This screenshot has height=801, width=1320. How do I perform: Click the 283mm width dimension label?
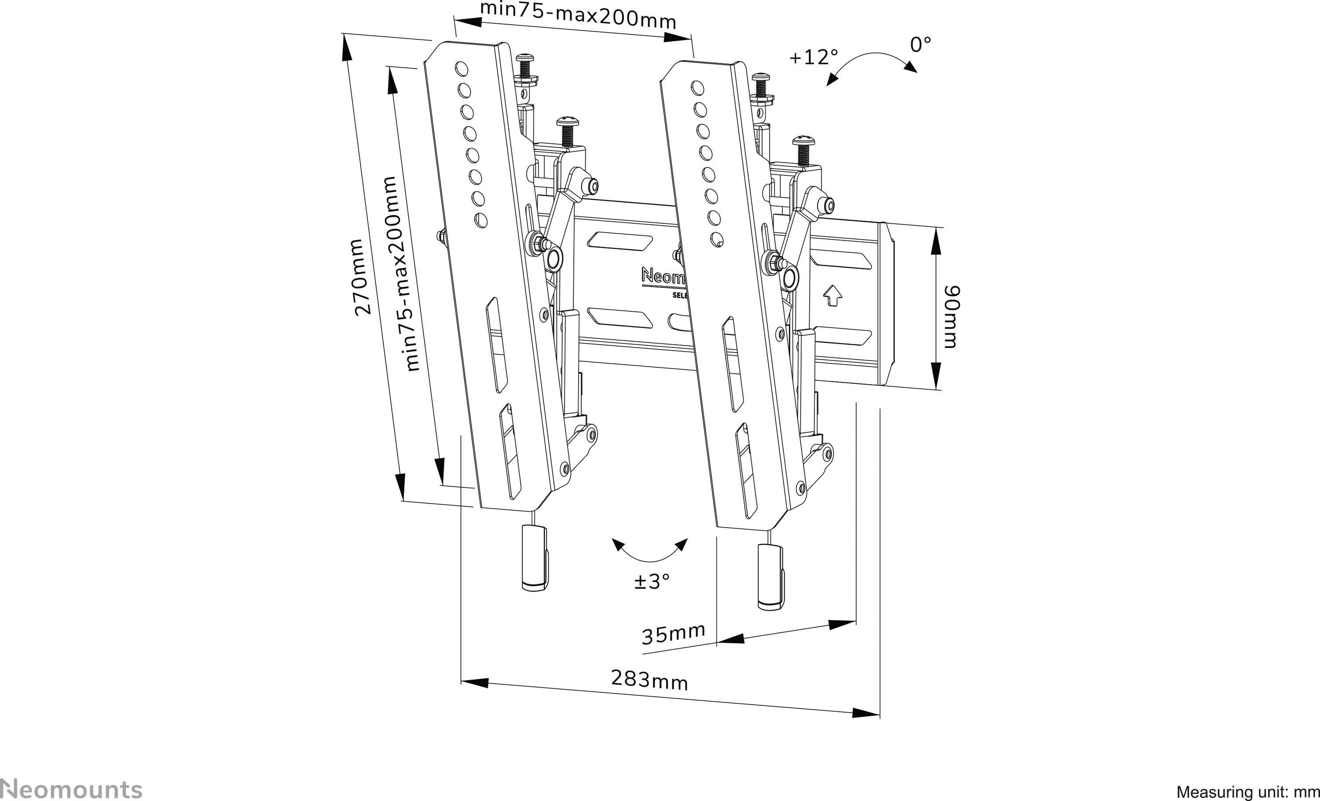(649, 680)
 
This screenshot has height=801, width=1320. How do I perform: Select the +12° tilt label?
(813, 57)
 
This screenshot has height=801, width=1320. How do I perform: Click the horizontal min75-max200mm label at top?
(577, 15)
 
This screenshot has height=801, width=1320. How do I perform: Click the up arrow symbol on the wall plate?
(832, 295)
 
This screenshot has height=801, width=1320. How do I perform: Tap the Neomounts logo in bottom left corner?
(71, 790)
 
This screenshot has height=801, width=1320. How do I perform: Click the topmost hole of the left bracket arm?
(461, 69)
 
